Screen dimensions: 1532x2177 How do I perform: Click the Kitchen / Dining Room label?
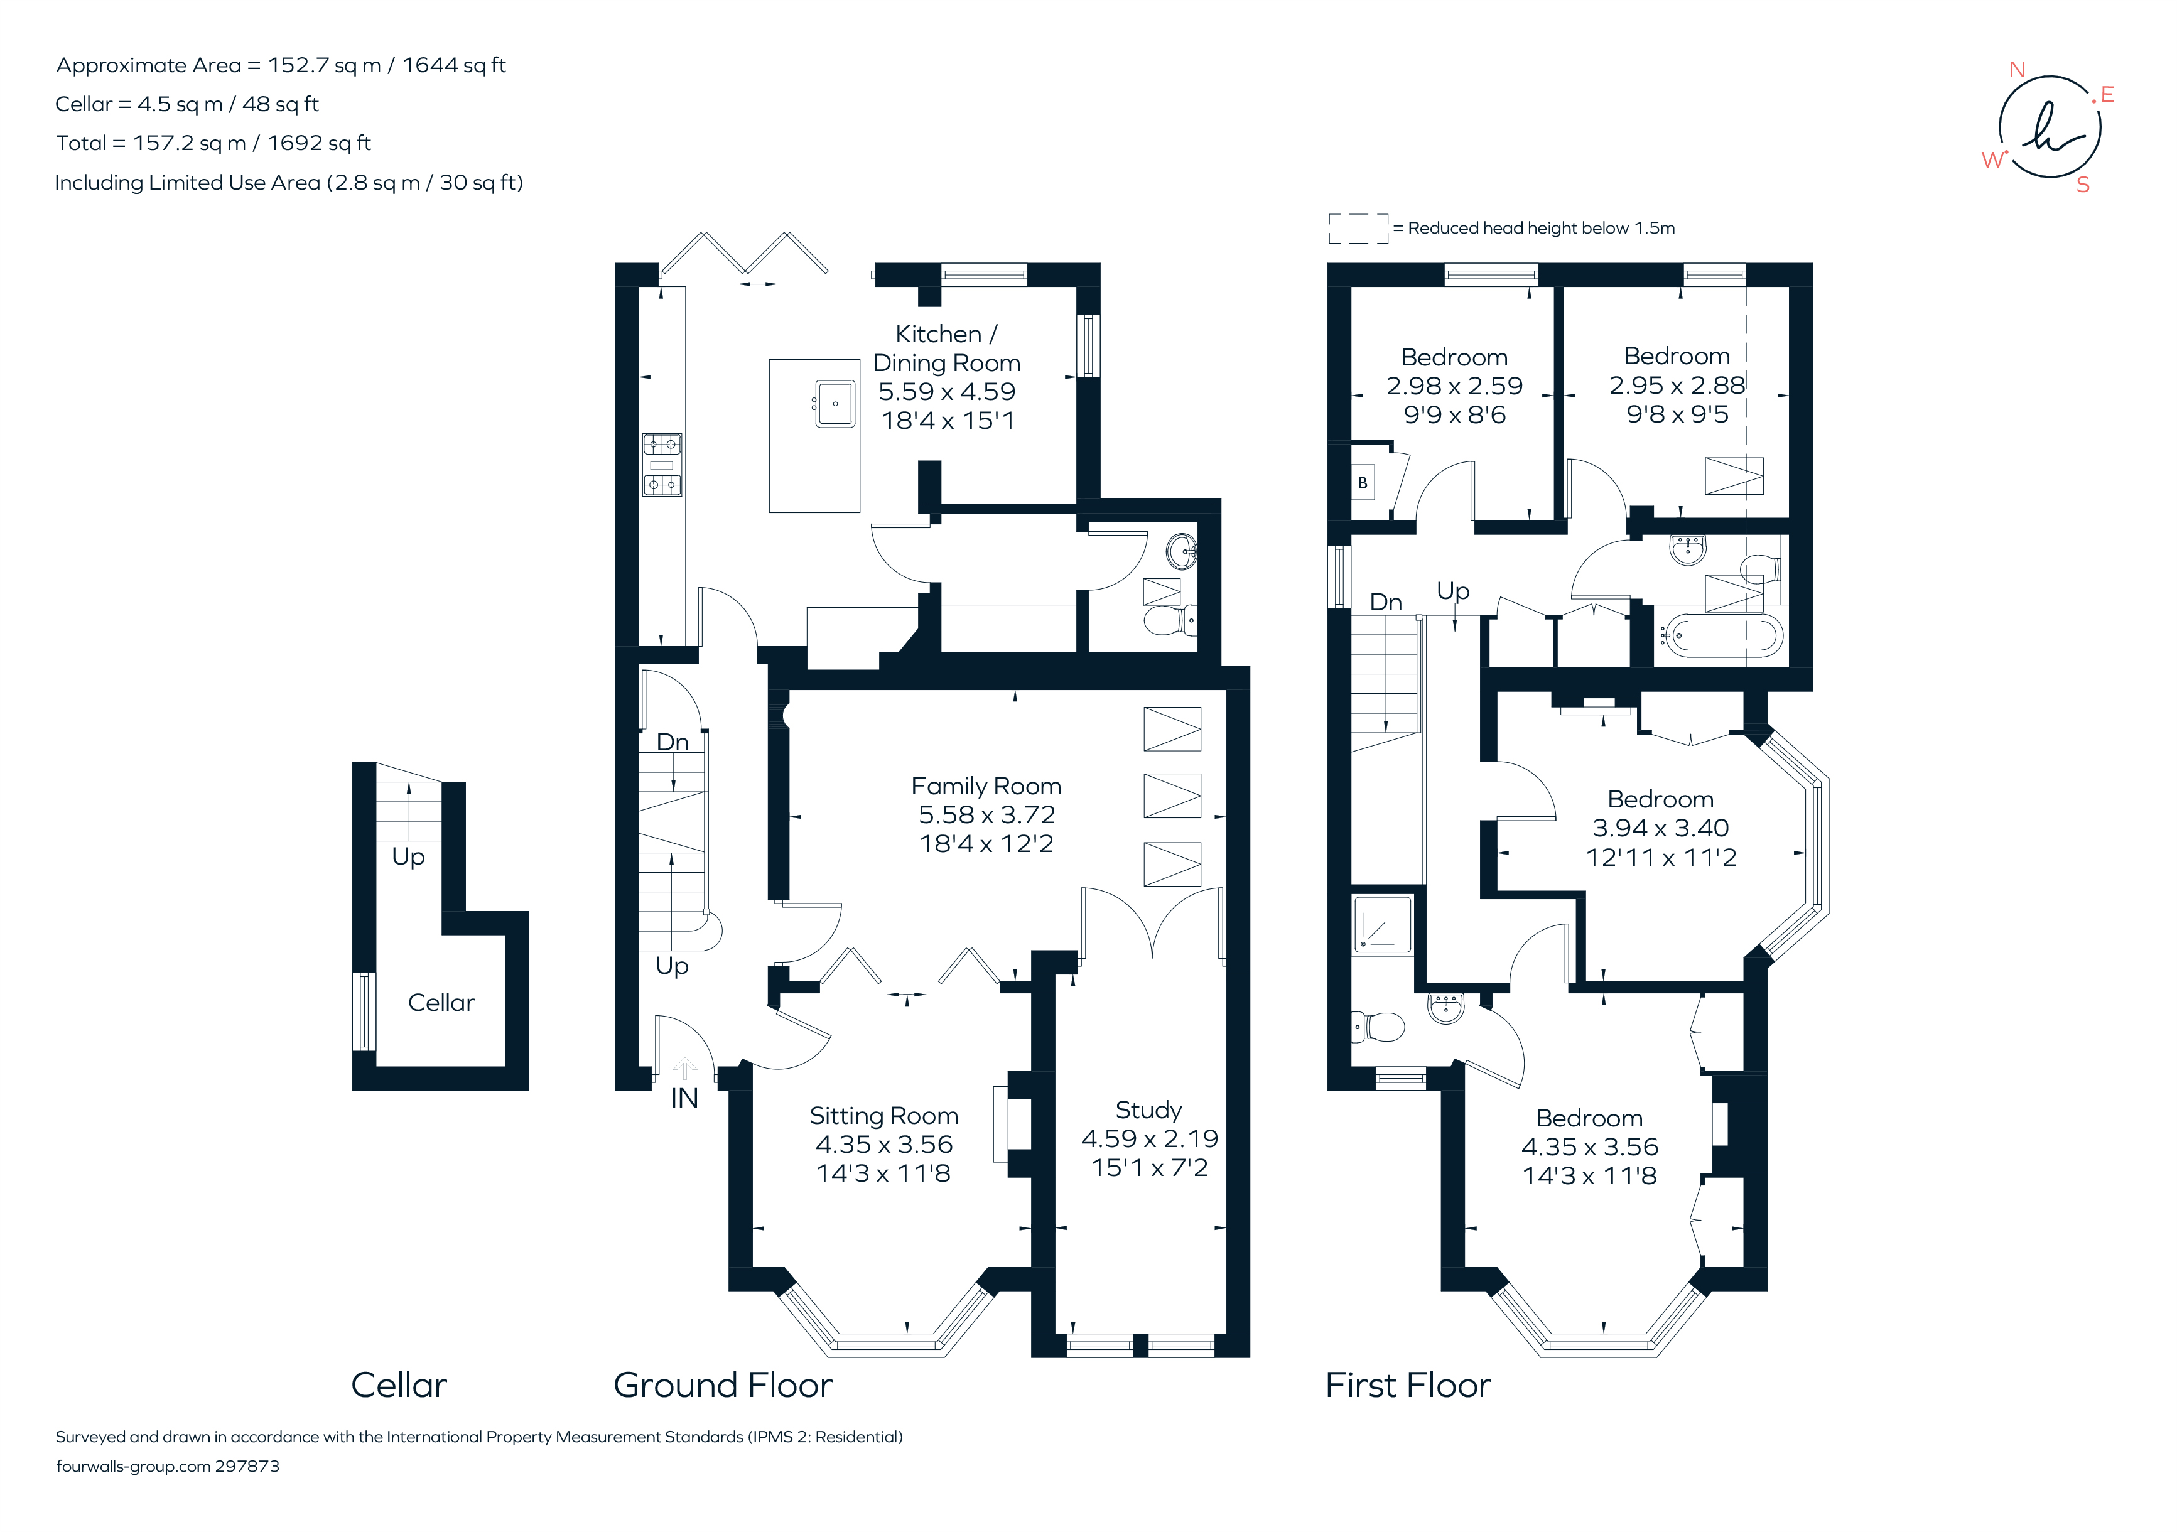[x=946, y=348]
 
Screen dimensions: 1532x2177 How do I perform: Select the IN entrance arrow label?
[x=684, y=1098]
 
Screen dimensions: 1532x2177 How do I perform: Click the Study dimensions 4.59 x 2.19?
[x=1149, y=1138]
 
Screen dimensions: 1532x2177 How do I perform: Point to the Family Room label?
[x=986, y=786]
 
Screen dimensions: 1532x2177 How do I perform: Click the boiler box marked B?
[x=1363, y=483]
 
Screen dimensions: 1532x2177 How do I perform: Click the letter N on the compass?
[x=2017, y=70]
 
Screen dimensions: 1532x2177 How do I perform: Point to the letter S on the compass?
[x=2083, y=185]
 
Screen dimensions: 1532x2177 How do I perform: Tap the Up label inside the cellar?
[x=409, y=856]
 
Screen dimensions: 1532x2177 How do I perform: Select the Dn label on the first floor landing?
[x=1385, y=602]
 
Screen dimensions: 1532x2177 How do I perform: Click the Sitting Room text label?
[x=883, y=1116]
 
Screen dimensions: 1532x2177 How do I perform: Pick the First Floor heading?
[x=1407, y=1385]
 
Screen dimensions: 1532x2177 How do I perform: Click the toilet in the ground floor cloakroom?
[x=1168, y=621]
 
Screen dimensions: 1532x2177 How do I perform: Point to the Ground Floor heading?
[x=723, y=1385]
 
